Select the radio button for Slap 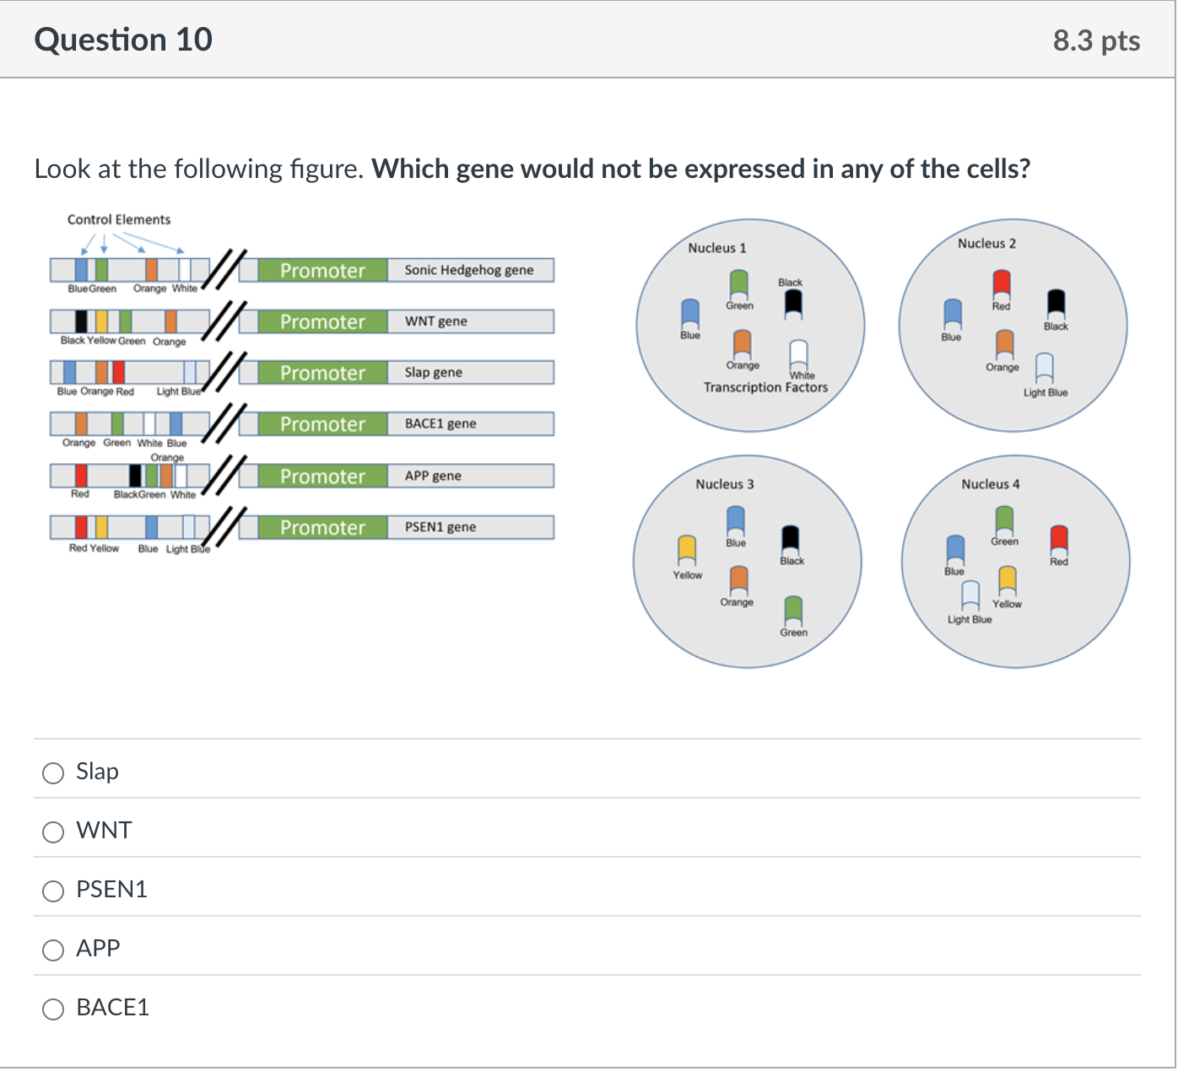pyautogui.click(x=53, y=773)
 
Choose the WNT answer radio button pyautogui.click(x=53, y=832)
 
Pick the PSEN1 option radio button pyautogui.click(x=53, y=891)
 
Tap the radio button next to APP pyautogui.click(x=53, y=950)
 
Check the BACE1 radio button pyautogui.click(x=53, y=1009)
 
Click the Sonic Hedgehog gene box pyautogui.click(x=469, y=270)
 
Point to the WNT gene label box pyautogui.click(x=469, y=321)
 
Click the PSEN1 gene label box pyautogui.click(x=469, y=527)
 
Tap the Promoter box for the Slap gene pyautogui.click(x=322, y=373)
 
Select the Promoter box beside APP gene pyautogui.click(x=322, y=476)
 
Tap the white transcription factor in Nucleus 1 pyautogui.click(x=798, y=353)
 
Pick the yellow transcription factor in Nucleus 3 pyautogui.click(x=687, y=550)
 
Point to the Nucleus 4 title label pyautogui.click(x=991, y=484)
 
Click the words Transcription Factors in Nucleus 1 pyautogui.click(x=765, y=387)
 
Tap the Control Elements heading pyautogui.click(x=119, y=219)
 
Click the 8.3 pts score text pyautogui.click(x=1096, y=40)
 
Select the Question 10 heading pyautogui.click(x=123, y=40)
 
